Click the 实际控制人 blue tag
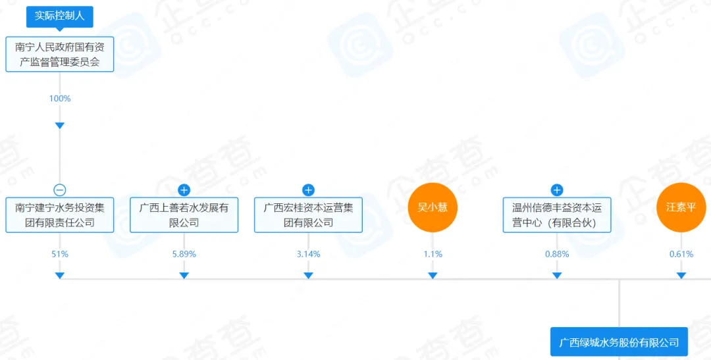click(x=59, y=16)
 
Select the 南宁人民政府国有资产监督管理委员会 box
click(x=60, y=54)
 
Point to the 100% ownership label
click(x=60, y=99)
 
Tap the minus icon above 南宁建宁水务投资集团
click(x=60, y=190)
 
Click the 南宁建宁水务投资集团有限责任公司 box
click(x=60, y=215)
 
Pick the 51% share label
click(x=60, y=254)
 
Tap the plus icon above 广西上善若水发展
click(x=184, y=190)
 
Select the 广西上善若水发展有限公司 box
click(x=184, y=215)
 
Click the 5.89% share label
click(x=184, y=254)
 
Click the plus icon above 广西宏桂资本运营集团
click(x=308, y=190)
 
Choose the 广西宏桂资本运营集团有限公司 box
click(x=308, y=215)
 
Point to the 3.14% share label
click(x=308, y=254)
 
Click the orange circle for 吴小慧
click(x=433, y=207)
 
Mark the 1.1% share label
click(x=433, y=254)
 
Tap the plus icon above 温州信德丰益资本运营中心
click(x=557, y=190)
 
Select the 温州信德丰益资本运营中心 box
click(x=557, y=215)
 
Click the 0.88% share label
click(x=557, y=254)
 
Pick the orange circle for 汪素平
click(x=681, y=207)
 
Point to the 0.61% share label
click(x=681, y=254)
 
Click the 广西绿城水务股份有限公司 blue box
click(x=619, y=342)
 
